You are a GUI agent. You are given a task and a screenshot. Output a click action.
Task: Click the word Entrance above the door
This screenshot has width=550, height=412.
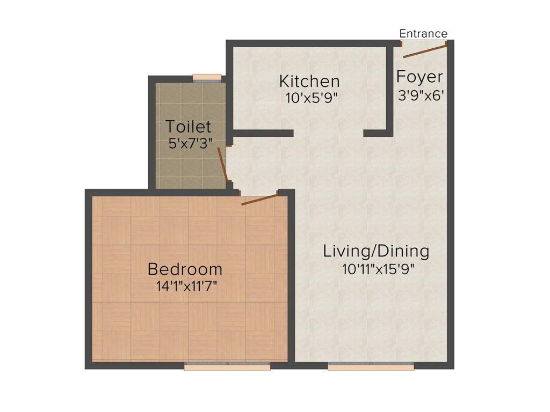423,34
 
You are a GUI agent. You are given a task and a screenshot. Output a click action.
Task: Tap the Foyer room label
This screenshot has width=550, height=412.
419,77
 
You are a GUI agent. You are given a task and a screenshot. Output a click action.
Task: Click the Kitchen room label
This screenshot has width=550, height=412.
309,82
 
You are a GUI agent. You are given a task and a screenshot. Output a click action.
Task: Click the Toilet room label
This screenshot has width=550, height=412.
188,127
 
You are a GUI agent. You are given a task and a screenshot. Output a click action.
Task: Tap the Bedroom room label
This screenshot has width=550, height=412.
185,268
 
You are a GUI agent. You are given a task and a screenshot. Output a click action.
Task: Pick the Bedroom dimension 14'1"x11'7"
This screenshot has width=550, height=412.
186,285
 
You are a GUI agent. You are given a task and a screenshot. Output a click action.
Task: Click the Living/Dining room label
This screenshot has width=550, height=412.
376,251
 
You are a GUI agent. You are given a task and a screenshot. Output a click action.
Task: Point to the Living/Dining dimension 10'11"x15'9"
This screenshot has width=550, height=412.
378,269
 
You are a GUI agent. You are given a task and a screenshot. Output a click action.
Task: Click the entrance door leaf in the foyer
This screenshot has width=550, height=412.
424,51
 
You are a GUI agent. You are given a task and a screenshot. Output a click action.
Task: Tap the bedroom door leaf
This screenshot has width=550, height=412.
259,200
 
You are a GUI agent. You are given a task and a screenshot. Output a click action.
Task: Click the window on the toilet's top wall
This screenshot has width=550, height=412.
207,78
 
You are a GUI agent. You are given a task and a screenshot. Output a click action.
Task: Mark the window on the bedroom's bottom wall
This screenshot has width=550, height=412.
227,367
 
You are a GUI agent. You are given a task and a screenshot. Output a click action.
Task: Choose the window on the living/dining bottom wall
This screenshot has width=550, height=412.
371,367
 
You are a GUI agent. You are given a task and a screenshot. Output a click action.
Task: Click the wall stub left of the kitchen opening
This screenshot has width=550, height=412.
263,133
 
